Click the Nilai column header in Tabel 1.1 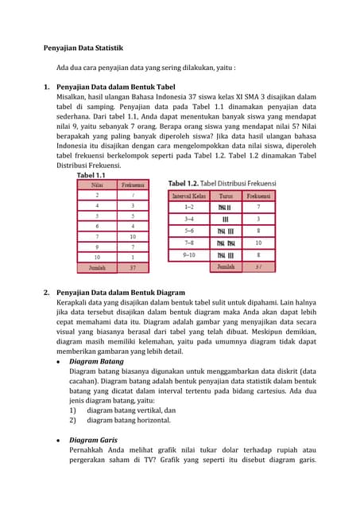click(x=97, y=185)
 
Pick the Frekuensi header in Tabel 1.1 click(x=133, y=185)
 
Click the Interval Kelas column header click(x=188, y=195)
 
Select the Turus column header click(x=225, y=195)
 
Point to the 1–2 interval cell click(x=188, y=206)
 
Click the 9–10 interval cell click(x=188, y=255)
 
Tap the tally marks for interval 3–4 click(x=225, y=219)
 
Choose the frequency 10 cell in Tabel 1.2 click(x=258, y=243)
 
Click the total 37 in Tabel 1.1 click(x=133, y=268)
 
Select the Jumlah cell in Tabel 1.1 click(x=97, y=268)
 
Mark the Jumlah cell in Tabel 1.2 click(x=225, y=267)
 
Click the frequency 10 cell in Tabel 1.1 click(x=133, y=236)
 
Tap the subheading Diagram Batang click(x=96, y=361)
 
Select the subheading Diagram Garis click(x=95, y=440)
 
